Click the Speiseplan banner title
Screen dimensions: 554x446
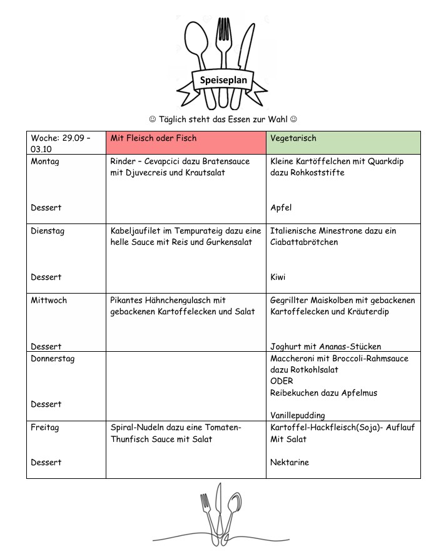[223, 80]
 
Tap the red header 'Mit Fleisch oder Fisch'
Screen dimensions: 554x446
[153, 138]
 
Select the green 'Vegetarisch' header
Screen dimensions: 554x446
[293, 138]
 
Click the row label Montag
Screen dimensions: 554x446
[45, 162]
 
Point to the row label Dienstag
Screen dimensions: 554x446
[48, 231]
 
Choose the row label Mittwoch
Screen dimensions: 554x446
[49, 300]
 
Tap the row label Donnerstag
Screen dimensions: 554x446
[53, 359]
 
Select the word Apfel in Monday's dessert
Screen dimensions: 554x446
[281, 208]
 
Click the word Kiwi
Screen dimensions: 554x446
[278, 277]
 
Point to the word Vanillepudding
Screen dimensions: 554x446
[298, 416]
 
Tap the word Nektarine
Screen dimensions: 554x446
[290, 463]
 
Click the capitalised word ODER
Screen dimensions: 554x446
[281, 381]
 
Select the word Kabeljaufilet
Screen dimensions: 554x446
[137, 231]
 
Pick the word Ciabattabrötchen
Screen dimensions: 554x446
[304, 242]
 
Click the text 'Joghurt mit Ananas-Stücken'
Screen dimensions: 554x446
[325, 347]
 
